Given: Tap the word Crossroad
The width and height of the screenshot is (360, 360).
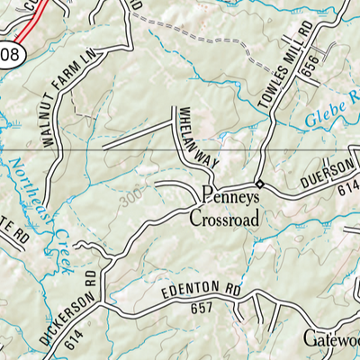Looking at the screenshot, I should [224, 218].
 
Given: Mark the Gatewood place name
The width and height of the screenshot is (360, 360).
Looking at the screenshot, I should [330, 338].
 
